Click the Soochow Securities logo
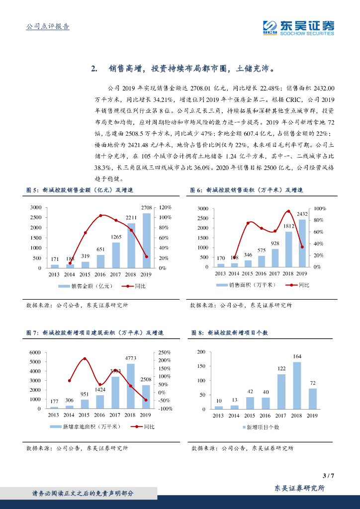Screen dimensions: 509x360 click(x=298, y=27)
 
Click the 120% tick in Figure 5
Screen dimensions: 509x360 click(x=166, y=207)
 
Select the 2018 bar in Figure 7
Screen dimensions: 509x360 click(x=130, y=386)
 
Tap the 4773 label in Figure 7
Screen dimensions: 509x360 click(x=130, y=358)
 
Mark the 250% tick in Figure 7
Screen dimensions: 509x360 click(x=165, y=352)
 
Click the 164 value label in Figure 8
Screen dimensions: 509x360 click(x=297, y=356)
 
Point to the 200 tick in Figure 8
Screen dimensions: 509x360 click(x=201, y=352)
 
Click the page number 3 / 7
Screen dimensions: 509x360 click(x=328, y=476)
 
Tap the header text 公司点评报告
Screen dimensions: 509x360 click(x=47, y=26)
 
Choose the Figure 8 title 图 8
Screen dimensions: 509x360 click(x=197, y=334)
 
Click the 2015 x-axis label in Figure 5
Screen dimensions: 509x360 click(x=85, y=274)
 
